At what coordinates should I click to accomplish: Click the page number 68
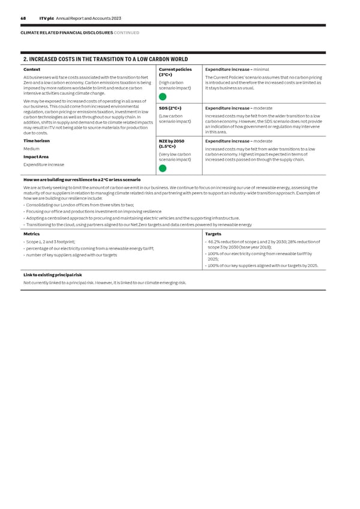[x=23, y=19]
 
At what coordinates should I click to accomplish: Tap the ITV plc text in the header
[x=47, y=19]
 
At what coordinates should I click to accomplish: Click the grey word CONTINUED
[x=127, y=32]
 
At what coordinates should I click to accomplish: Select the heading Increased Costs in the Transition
[x=105, y=59]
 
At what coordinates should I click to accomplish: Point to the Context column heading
[x=32, y=69]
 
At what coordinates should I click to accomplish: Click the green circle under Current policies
[x=163, y=97]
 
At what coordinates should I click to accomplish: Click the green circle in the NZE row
[x=163, y=168]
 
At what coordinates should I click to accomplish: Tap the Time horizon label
[x=37, y=140]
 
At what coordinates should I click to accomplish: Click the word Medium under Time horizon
[x=31, y=149]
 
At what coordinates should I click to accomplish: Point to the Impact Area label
[x=36, y=157]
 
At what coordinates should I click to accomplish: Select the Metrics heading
[x=31, y=234]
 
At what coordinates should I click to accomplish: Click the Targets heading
[x=213, y=234]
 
